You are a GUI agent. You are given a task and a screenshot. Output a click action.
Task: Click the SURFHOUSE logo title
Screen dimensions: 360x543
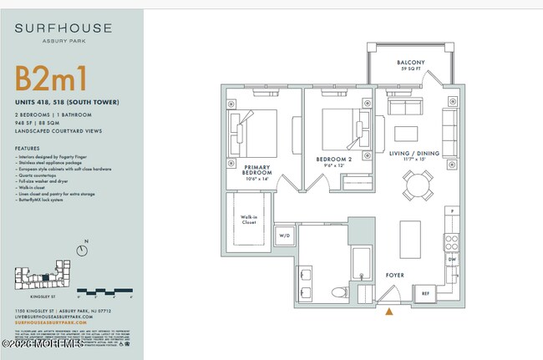tap(63, 28)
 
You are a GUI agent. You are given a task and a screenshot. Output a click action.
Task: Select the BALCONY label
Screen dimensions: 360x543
tap(410, 63)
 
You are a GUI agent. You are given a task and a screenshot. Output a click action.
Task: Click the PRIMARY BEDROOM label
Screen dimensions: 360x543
tap(246, 170)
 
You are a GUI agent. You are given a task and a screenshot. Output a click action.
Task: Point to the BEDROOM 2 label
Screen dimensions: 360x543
tap(334, 158)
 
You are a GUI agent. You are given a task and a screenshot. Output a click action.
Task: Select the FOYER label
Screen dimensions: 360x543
tap(394, 274)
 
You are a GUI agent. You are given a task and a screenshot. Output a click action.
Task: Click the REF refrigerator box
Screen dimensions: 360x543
tap(425, 293)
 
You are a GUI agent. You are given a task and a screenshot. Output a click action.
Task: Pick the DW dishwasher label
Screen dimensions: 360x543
tap(451, 260)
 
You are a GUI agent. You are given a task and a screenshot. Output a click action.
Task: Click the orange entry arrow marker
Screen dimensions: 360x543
tap(388, 312)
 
